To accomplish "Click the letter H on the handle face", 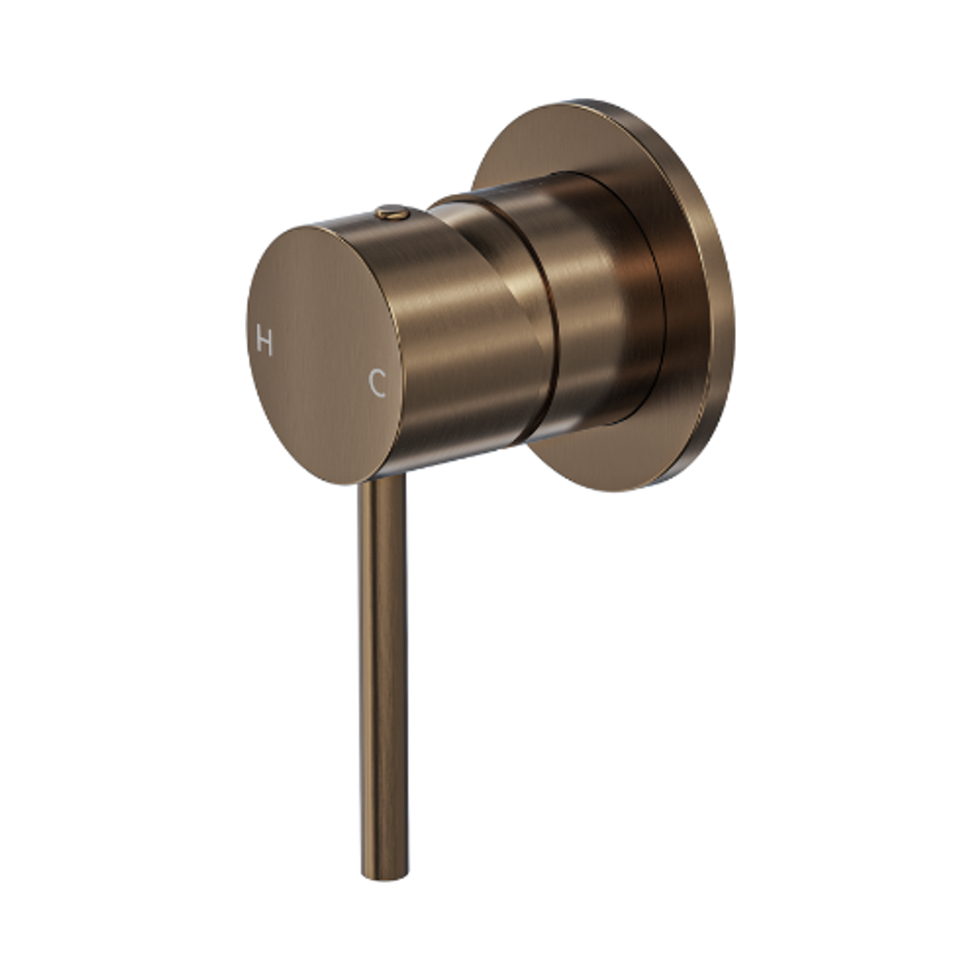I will point(264,341).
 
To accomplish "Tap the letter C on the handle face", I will point(377,383).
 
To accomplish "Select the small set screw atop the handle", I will point(392,213).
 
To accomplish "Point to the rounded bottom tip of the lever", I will point(385,874).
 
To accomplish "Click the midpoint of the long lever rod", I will point(382,676).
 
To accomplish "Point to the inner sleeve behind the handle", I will point(599,299).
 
